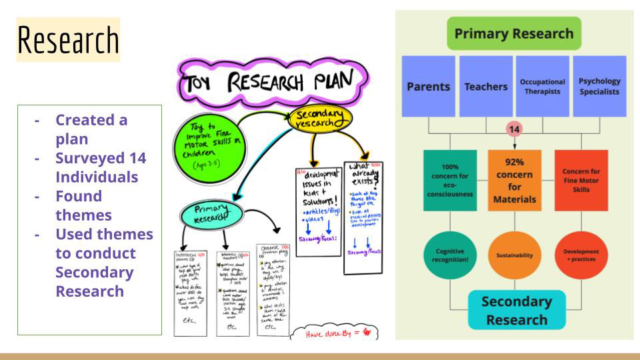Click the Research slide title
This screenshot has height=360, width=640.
[67, 40]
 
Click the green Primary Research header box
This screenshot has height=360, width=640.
[513, 33]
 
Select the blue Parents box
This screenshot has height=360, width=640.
[428, 86]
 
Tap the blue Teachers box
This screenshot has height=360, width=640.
[485, 86]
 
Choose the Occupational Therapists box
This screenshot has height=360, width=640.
[542, 86]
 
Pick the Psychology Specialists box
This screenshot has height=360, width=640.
[599, 86]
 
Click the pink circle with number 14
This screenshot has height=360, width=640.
[514, 129]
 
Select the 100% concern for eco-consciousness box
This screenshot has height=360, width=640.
[450, 180]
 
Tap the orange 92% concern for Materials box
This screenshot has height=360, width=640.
[514, 180]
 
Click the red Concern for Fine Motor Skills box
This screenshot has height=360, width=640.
[581, 180]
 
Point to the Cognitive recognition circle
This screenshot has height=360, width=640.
[450, 255]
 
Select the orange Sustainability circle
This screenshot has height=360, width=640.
[514, 255]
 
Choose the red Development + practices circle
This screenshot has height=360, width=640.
[581, 255]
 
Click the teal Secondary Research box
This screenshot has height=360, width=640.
[517, 310]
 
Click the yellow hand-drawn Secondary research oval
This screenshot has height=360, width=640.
[320, 119]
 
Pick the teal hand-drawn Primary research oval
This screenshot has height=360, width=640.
[212, 215]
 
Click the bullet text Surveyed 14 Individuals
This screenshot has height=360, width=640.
[100, 167]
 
